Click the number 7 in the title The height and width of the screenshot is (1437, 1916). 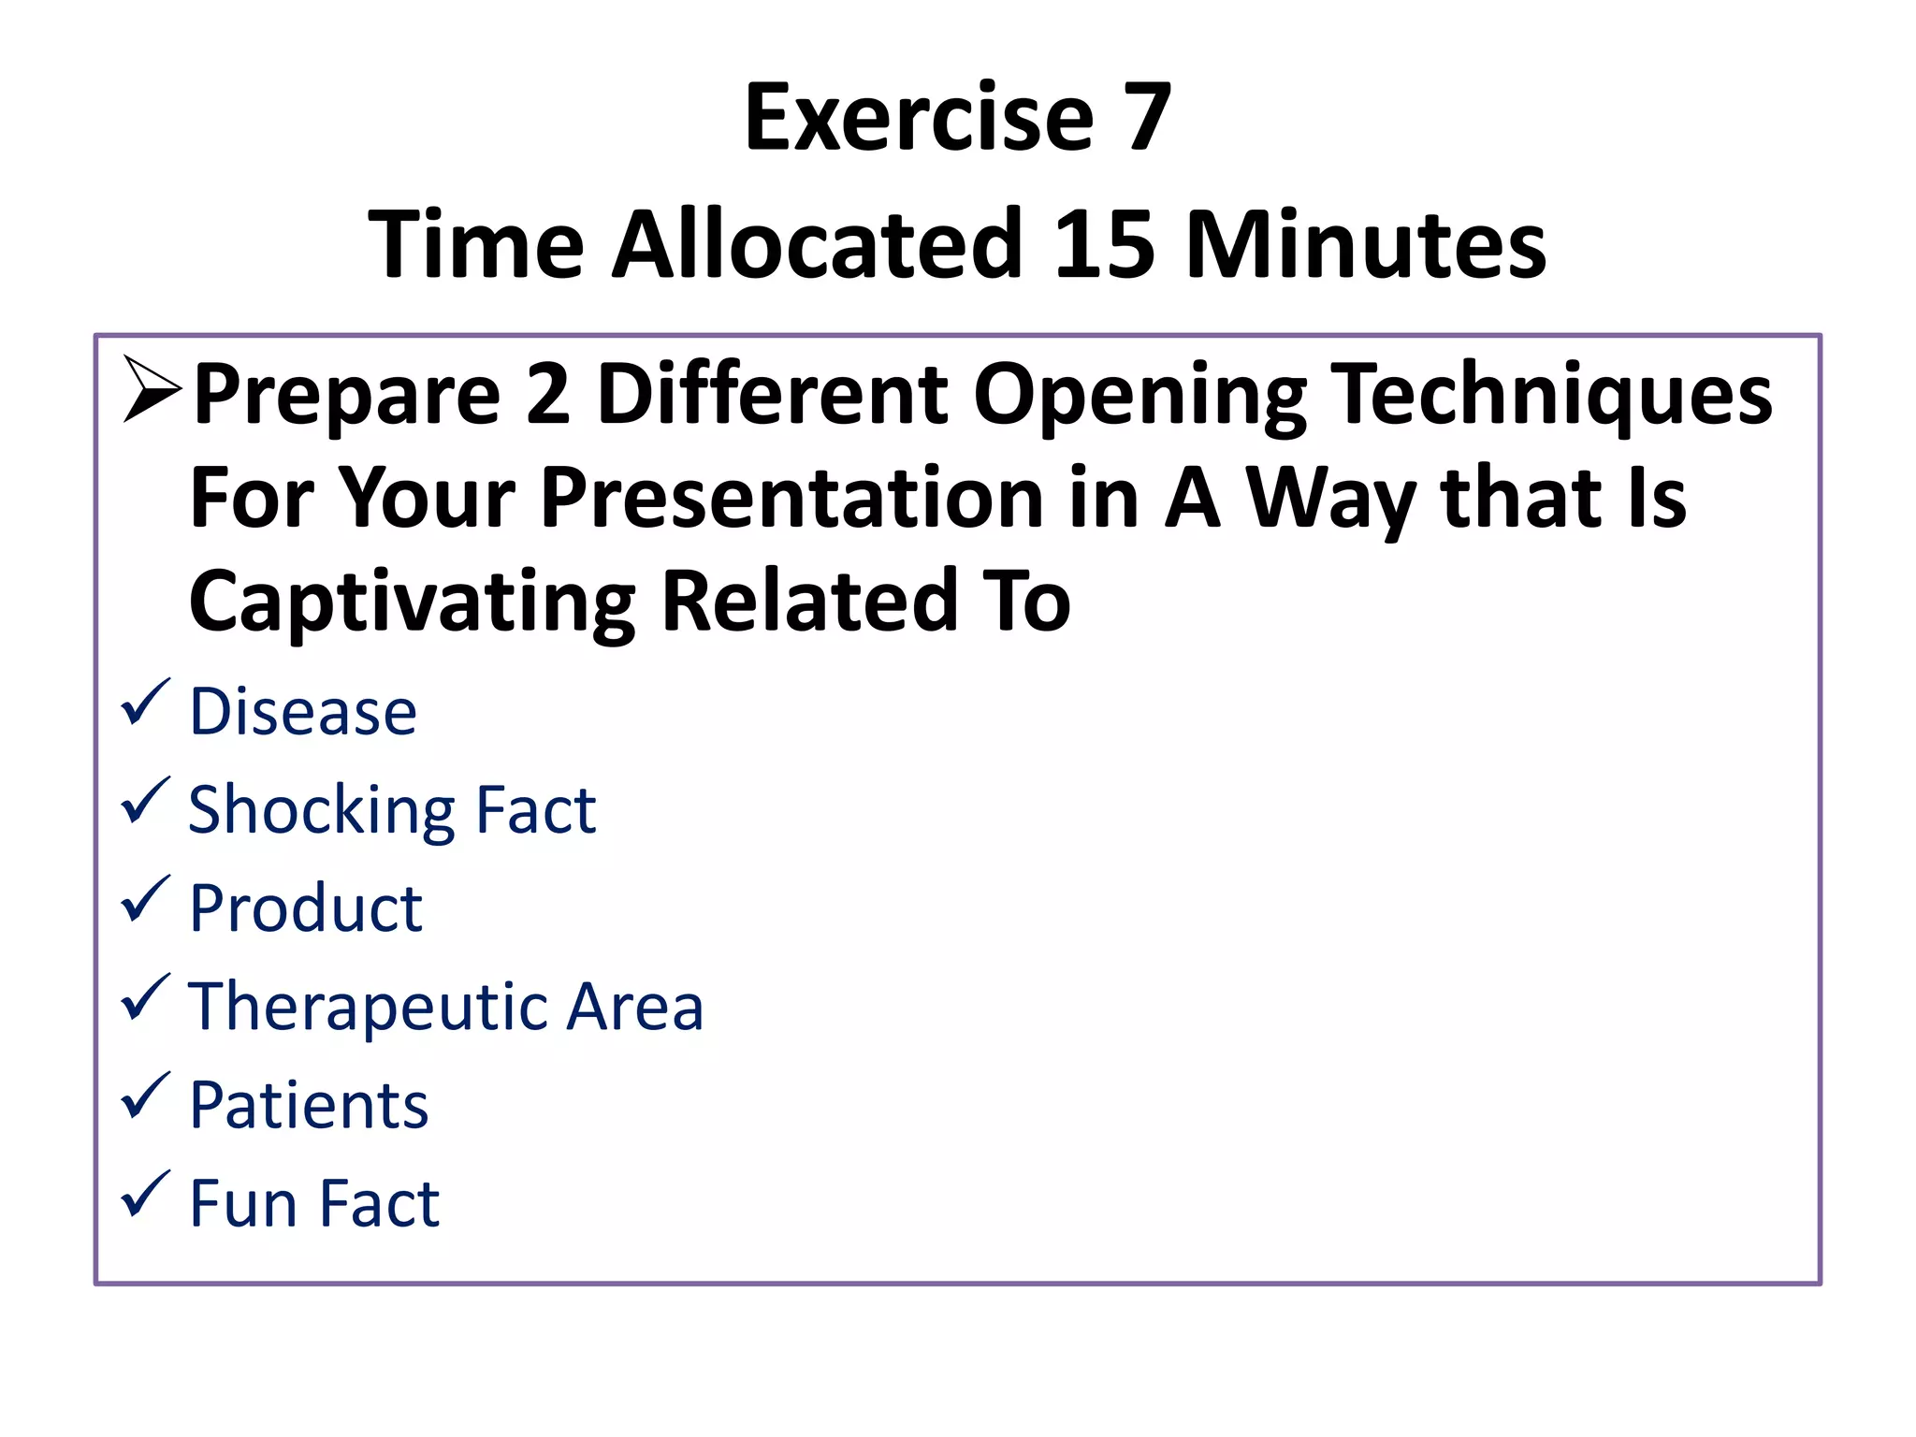(1147, 118)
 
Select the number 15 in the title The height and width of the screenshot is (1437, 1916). (1103, 244)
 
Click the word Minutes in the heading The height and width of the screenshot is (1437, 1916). (1365, 244)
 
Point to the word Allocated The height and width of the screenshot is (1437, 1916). (816, 244)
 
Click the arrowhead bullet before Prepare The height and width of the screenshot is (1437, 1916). (151, 390)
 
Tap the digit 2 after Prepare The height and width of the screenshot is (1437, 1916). (548, 394)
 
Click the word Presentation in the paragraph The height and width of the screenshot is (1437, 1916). (791, 498)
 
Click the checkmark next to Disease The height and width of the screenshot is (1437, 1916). (145, 704)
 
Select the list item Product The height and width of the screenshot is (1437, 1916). (305, 908)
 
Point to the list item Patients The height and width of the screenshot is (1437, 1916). (309, 1106)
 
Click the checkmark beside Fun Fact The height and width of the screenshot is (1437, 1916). (145, 1195)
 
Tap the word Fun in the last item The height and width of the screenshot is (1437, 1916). (243, 1203)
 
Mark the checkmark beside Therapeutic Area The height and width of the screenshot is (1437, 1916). (145, 998)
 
